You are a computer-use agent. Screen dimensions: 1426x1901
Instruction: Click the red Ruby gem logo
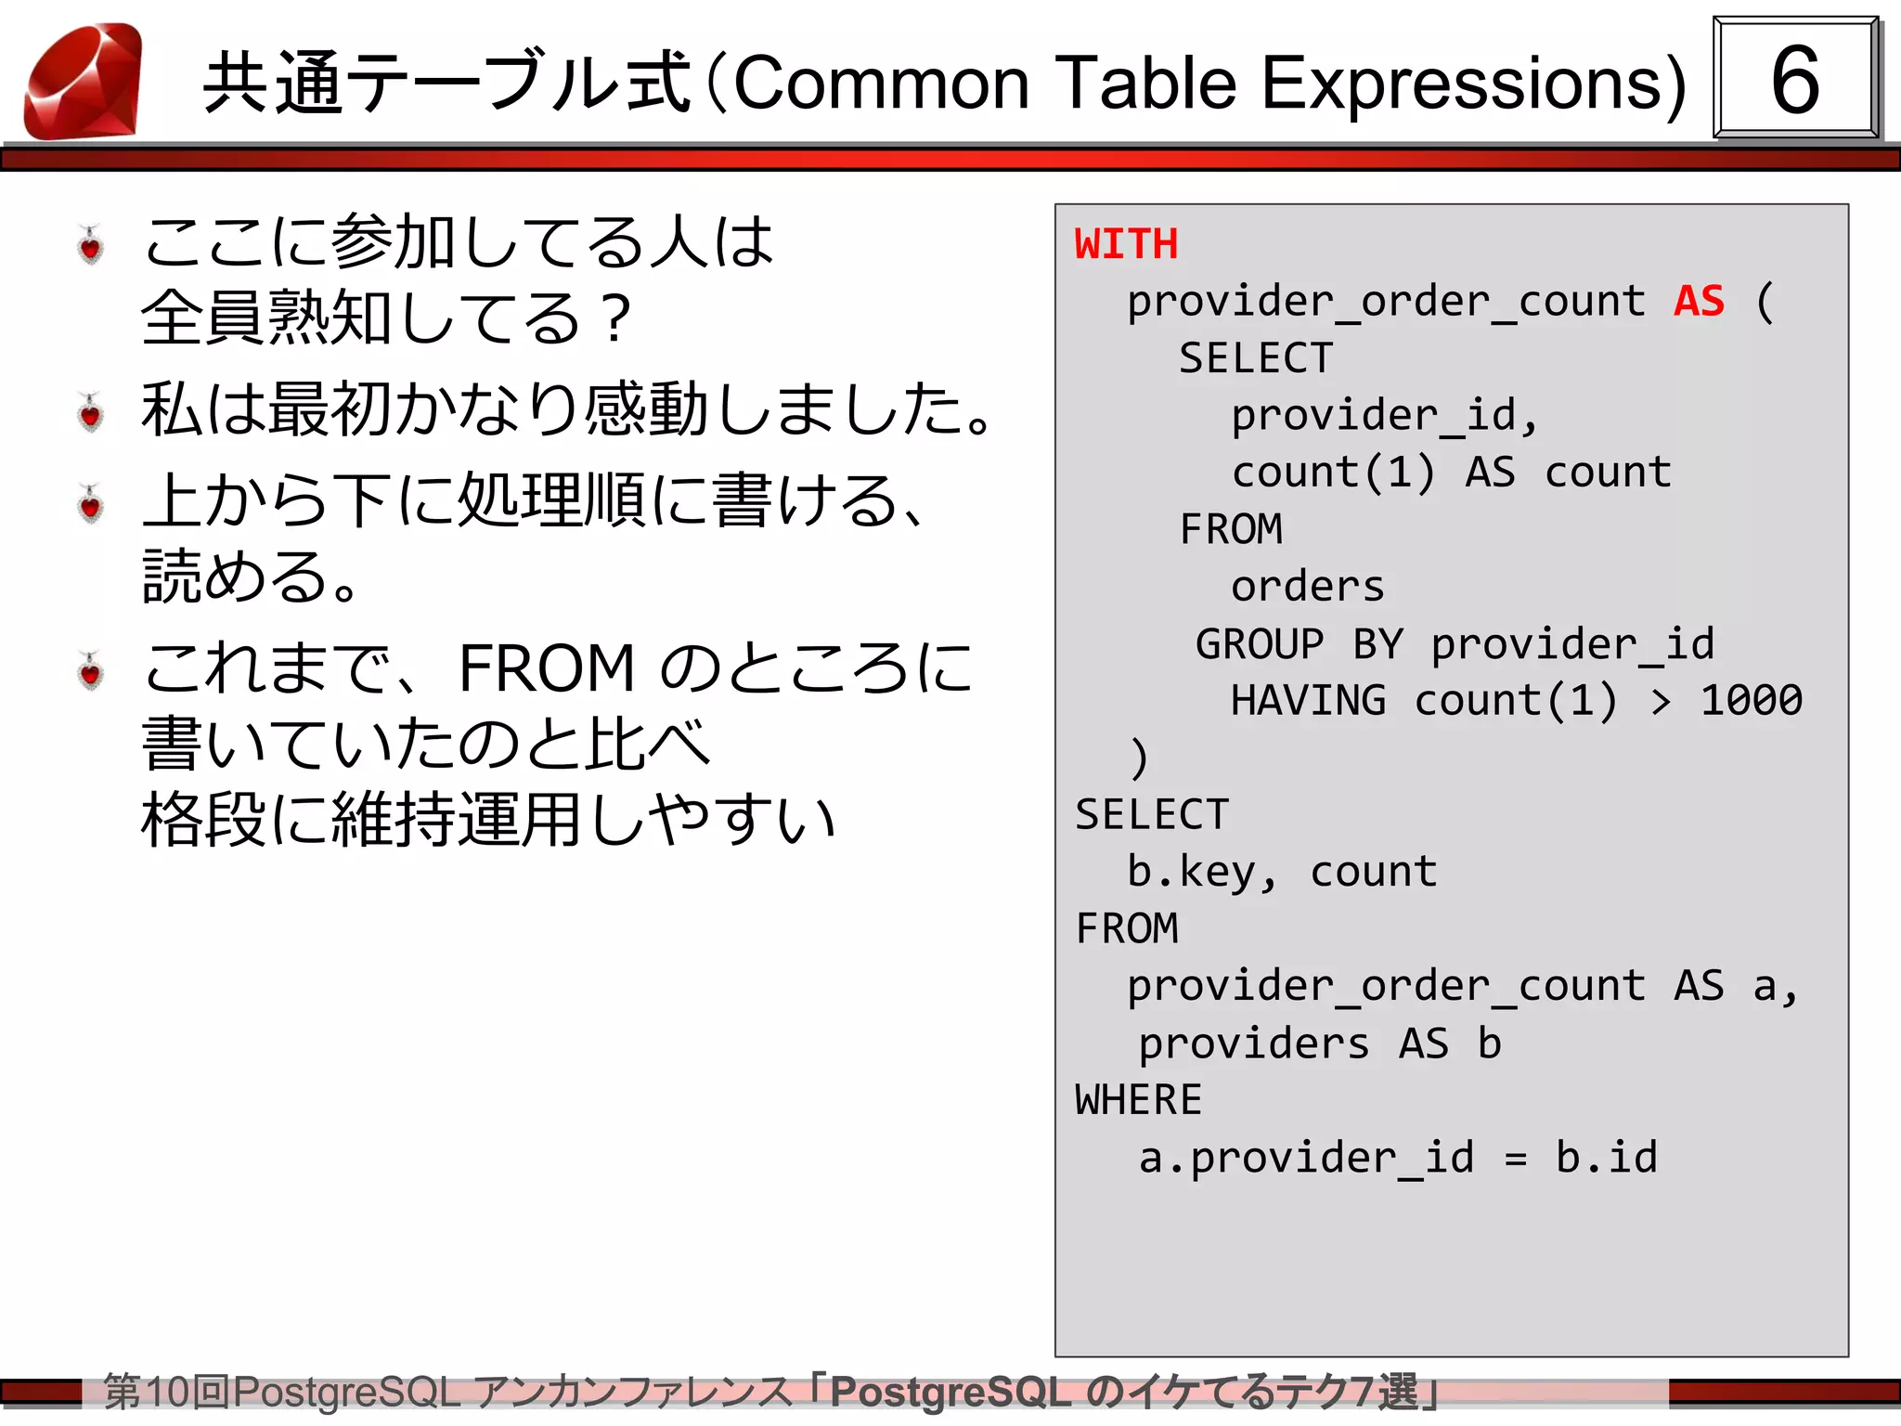pyautogui.click(x=84, y=82)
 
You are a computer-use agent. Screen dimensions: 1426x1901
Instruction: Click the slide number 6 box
pyautogui.click(x=1794, y=79)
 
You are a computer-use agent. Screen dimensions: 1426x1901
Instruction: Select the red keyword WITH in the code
pyautogui.click(x=1126, y=244)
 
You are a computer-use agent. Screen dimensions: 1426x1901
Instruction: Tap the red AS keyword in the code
pyautogui.click(x=1699, y=301)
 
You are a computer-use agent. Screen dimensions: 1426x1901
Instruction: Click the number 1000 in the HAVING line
pyautogui.click(x=1751, y=700)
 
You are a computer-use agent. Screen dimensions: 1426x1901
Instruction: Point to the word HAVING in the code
pyautogui.click(x=1308, y=700)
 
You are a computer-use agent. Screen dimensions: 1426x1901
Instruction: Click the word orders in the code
pyautogui.click(x=1307, y=587)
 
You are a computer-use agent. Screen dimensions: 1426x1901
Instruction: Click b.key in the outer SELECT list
pyautogui.click(x=1191, y=872)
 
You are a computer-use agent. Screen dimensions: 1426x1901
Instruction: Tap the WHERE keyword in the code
pyautogui.click(x=1138, y=1100)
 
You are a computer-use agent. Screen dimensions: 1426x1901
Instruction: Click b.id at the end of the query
pyautogui.click(x=1606, y=1158)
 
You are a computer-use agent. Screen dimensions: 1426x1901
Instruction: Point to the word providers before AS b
pyautogui.click(x=1253, y=1044)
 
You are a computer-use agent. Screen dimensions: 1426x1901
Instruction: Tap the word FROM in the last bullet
pyautogui.click(x=546, y=668)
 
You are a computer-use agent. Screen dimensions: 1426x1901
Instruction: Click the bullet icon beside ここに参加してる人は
pyautogui.click(x=90, y=246)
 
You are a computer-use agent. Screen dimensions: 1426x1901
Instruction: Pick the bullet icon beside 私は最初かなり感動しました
pyautogui.click(x=90, y=412)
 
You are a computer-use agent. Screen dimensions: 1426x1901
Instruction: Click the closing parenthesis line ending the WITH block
pyautogui.click(x=1139, y=758)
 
